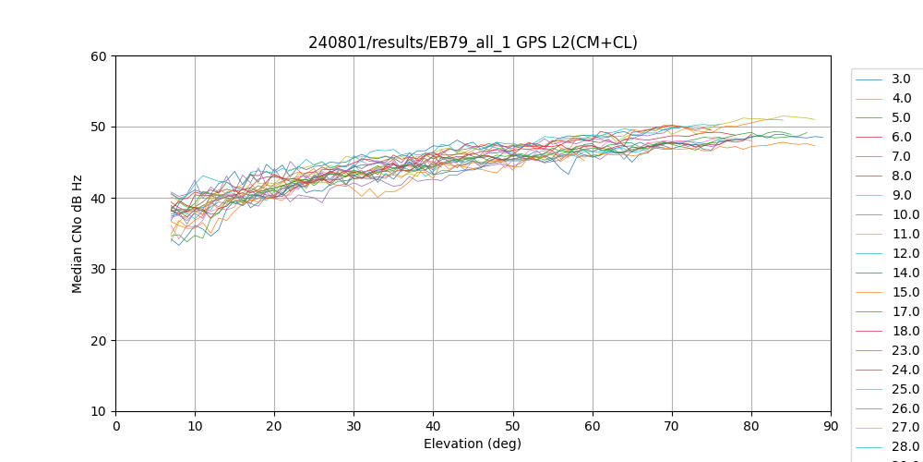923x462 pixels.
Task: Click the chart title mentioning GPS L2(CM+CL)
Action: click(473, 43)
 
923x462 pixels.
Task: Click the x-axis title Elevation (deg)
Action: click(473, 444)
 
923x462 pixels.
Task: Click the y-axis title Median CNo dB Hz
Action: click(78, 234)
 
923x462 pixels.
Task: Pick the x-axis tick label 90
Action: click(831, 426)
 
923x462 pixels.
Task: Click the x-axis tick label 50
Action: click(512, 426)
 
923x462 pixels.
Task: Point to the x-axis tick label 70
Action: click(672, 426)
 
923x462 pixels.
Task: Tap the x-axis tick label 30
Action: click(354, 426)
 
